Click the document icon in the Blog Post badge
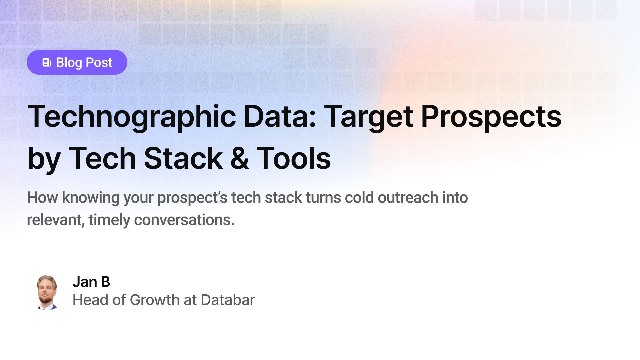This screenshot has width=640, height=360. click(x=47, y=62)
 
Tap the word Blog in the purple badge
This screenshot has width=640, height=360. click(x=69, y=63)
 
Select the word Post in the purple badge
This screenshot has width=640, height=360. click(x=99, y=63)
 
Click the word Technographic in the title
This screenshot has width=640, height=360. click(x=132, y=117)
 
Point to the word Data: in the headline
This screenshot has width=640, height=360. click(x=280, y=117)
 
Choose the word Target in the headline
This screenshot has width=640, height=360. click(x=368, y=117)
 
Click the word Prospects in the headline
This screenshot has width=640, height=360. click(x=491, y=117)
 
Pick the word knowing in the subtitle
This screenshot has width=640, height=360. click(x=91, y=198)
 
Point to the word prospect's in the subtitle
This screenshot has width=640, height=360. click(x=192, y=198)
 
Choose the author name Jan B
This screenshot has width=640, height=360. click(x=91, y=282)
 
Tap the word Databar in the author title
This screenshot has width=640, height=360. click(x=228, y=300)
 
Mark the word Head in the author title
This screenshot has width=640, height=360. click(x=91, y=300)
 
